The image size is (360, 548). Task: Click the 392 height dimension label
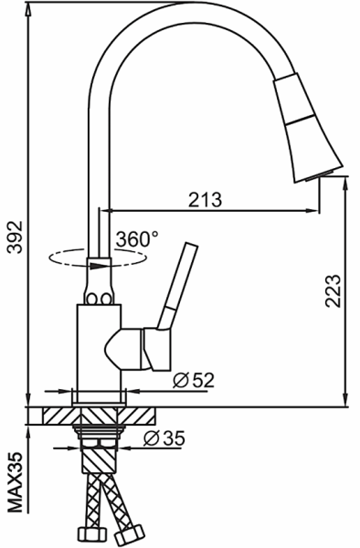(x=16, y=237)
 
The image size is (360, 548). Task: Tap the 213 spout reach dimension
(x=206, y=200)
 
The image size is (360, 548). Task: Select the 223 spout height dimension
(x=333, y=291)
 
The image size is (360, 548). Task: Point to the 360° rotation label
(x=137, y=239)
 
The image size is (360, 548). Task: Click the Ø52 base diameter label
(x=194, y=380)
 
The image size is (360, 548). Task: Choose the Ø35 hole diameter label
(x=164, y=437)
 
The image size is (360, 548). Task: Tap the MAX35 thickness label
(x=16, y=482)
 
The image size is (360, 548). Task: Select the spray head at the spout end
(x=308, y=128)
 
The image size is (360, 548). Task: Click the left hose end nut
(x=91, y=533)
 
